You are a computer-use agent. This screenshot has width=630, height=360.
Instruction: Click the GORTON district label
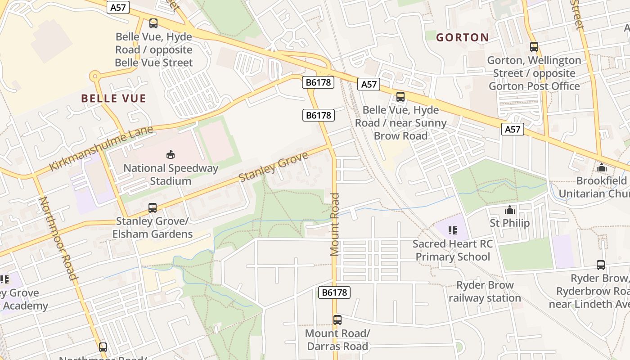[x=462, y=37]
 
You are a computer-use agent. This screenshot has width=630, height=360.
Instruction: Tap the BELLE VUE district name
[x=113, y=99]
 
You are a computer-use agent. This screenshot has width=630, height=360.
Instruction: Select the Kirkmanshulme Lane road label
[x=101, y=148]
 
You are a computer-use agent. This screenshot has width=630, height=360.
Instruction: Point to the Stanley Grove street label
[x=274, y=166]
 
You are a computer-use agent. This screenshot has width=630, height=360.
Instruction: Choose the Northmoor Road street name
[x=59, y=238]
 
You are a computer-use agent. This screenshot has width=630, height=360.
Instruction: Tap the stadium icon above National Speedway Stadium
[x=171, y=155]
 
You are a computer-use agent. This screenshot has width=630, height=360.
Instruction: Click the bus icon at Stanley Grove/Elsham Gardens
[x=153, y=207]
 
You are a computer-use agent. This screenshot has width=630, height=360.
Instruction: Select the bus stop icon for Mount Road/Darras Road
[x=337, y=319]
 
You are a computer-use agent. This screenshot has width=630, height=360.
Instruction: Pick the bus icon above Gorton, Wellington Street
[x=534, y=46]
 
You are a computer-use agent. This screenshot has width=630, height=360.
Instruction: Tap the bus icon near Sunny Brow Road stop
[x=400, y=96]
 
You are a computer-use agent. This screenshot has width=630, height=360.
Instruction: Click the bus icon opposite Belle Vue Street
[x=153, y=23]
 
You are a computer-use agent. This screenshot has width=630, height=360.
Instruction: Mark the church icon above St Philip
[x=509, y=210]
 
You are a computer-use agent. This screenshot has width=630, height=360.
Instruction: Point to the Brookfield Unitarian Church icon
[x=602, y=167]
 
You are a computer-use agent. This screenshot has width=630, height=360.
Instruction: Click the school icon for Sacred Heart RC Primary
[x=452, y=230]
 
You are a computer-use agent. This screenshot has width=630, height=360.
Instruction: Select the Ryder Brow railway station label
[x=485, y=292]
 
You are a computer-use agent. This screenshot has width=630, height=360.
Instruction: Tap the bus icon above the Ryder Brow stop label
[x=600, y=265]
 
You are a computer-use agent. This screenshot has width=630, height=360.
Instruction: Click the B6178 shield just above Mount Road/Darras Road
[x=334, y=292]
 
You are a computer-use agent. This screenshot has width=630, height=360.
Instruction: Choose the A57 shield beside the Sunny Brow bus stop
[x=369, y=84]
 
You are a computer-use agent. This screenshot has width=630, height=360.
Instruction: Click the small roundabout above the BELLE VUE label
[x=94, y=76]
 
